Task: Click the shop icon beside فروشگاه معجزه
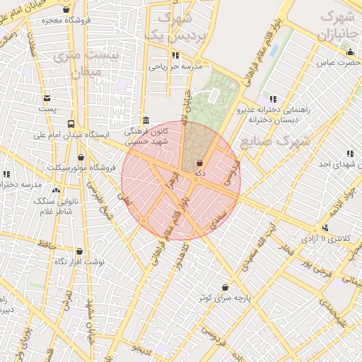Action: coord(66,10)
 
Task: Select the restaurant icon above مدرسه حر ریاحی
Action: coord(175,55)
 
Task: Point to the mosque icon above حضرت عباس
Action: coord(350,52)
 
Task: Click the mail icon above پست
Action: coord(47,98)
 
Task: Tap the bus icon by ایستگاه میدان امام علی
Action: coord(69,122)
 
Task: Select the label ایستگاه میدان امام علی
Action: coord(75,134)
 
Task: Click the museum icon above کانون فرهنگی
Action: coord(145,119)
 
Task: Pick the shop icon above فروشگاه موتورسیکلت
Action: coord(81,157)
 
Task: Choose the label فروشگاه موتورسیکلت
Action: coord(81,168)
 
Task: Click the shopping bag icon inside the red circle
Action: coord(199,163)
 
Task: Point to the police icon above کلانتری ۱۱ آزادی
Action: coord(325,228)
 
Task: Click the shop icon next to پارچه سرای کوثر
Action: coord(225,287)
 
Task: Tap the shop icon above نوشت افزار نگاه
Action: coord(78,251)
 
